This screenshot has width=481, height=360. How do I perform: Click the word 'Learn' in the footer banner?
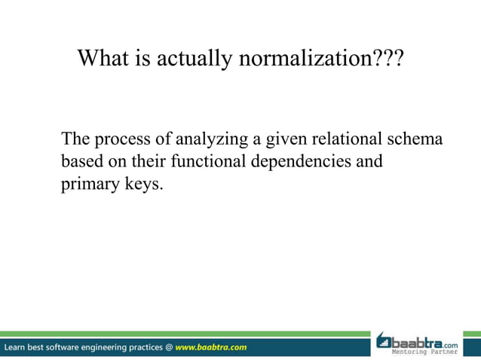17,347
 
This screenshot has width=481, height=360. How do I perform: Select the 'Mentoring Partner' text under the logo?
428,352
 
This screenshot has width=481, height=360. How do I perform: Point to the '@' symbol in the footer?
168,347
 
